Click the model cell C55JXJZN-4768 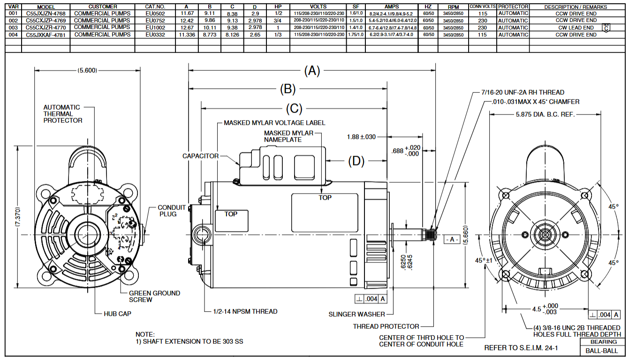pyautogui.click(x=45, y=14)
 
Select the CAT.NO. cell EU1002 pyautogui.click(x=155, y=28)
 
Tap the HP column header pyautogui.click(x=278, y=7)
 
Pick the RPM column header pyautogui.click(x=453, y=7)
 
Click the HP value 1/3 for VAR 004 pyautogui.click(x=278, y=35)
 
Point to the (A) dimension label pyautogui.click(x=312, y=71)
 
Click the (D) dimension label pyautogui.click(x=356, y=161)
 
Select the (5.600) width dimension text pyautogui.click(x=87, y=71)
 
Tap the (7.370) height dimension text pyautogui.click(x=17, y=217)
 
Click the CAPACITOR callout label pyautogui.click(x=200, y=156)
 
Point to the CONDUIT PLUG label pyautogui.click(x=171, y=210)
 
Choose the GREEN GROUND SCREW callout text pyautogui.click(x=154, y=296)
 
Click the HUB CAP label pyautogui.click(x=117, y=314)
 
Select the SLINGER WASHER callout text pyautogui.click(x=356, y=314)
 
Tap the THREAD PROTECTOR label pyautogui.click(x=386, y=326)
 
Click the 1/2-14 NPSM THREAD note pyautogui.click(x=245, y=311)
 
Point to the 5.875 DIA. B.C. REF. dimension pyautogui.click(x=545, y=114)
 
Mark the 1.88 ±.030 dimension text pyautogui.click(x=362, y=137)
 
